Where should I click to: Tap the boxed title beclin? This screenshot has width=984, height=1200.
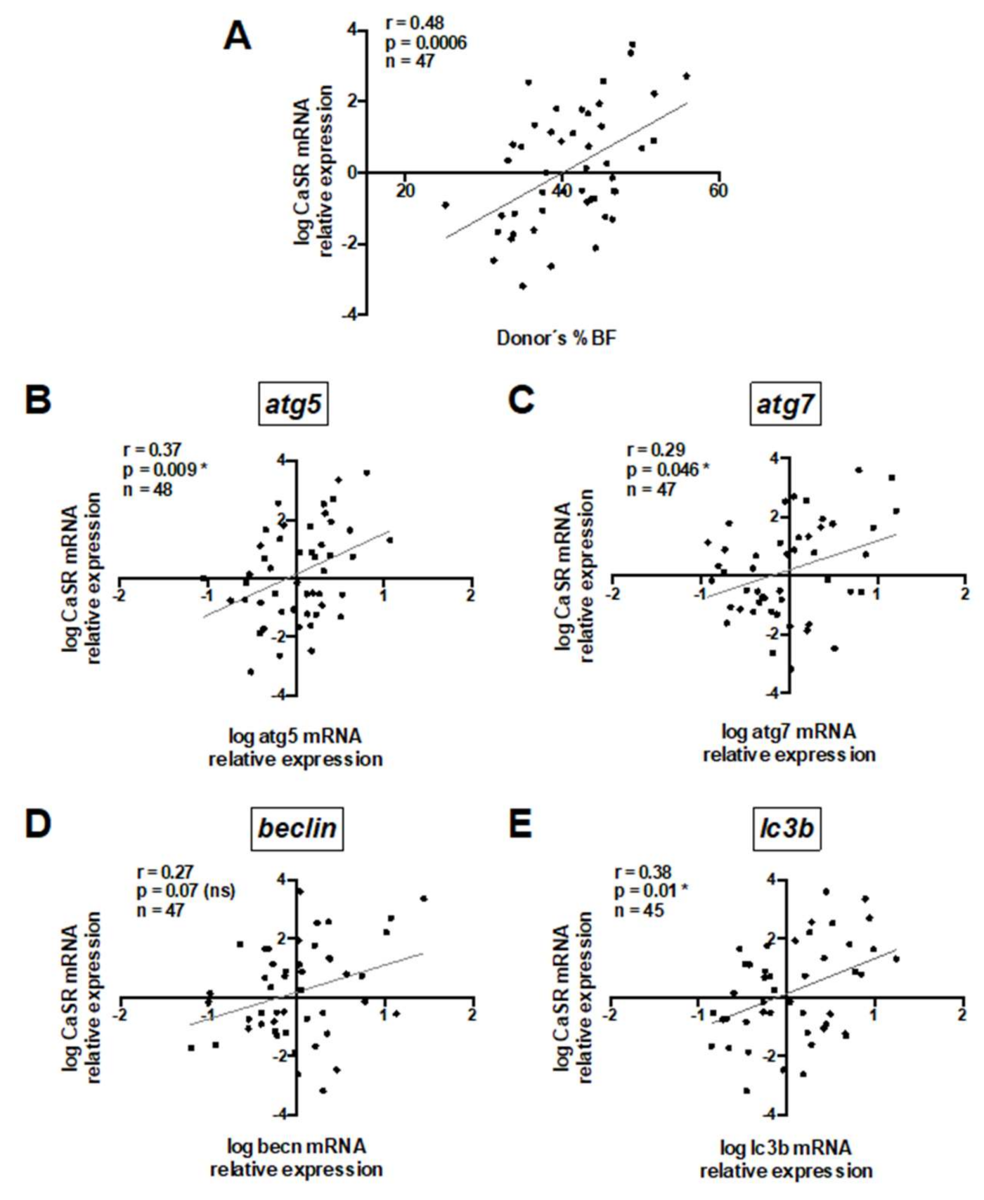tap(297, 828)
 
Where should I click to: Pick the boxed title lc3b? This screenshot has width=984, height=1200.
tap(786, 828)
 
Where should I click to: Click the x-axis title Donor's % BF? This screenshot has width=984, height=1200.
tap(556, 338)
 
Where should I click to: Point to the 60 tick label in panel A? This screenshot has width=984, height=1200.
tap(718, 190)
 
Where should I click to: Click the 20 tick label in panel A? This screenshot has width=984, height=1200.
tap(405, 190)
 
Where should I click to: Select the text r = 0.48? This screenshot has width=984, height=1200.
tap(415, 24)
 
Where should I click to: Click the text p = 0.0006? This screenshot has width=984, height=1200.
tap(426, 43)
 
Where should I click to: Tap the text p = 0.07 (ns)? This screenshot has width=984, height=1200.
tap(186, 891)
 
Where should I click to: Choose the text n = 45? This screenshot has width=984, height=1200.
tap(639, 911)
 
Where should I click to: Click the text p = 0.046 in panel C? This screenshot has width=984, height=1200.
tap(662, 469)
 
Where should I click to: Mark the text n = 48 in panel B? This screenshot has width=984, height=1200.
tap(148, 489)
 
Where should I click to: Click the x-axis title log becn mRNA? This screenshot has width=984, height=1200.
tap(296, 1147)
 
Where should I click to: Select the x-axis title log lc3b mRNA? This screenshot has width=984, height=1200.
tap(786, 1149)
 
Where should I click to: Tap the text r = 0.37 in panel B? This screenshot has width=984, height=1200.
tap(152, 450)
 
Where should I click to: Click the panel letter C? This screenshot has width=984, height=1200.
tap(521, 401)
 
